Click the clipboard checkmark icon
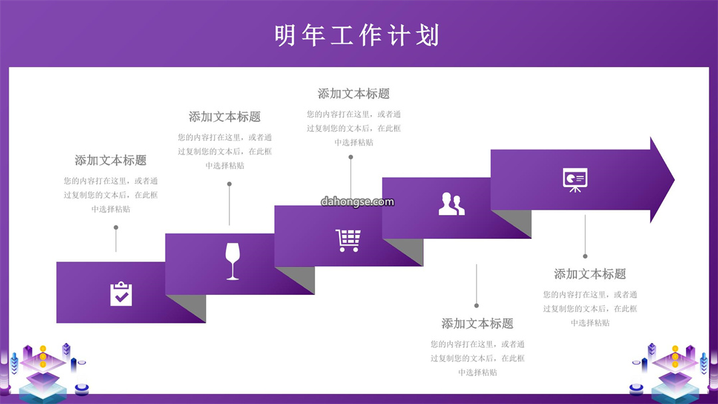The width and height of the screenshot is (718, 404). click(121, 294)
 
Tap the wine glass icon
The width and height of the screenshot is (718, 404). click(233, 261)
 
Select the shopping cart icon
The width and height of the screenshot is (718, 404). click(348, 240)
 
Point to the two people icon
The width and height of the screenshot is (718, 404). click(451, 204)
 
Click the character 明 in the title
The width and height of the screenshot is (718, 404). click(285, 35)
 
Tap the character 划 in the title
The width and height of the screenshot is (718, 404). click(428, 35)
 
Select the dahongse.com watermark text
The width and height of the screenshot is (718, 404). click(357, 202)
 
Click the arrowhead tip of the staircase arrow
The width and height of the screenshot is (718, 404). click(674, 180)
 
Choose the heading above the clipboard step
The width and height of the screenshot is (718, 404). click(110, 160)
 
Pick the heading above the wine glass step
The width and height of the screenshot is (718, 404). click(225, 116)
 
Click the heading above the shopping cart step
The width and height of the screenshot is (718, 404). click(354, 94)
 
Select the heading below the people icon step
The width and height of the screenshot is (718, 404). click(477, 323)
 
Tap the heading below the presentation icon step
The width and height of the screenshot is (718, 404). click(590, 274)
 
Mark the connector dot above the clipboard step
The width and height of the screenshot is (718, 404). click(116, 228)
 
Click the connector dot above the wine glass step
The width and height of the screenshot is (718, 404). click(229, 184)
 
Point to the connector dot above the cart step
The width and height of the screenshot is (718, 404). click(351, 157)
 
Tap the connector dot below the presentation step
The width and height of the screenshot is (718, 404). click(585, 256)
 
